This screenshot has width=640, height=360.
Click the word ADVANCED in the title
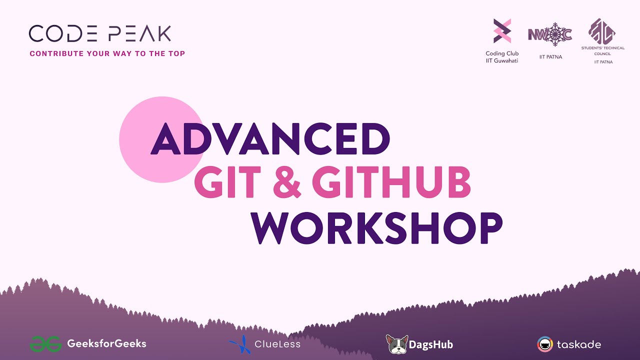270,138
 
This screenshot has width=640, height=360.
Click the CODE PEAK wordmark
100,33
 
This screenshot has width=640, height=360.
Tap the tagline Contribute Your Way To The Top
107,53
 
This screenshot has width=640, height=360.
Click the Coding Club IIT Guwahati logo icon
502,31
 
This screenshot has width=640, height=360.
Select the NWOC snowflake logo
550,35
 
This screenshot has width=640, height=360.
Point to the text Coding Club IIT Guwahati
502,57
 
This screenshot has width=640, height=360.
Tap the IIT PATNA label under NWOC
550,57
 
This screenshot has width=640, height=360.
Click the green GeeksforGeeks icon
45,344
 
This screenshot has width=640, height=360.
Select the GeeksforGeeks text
106,343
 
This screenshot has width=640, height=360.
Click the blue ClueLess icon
241,344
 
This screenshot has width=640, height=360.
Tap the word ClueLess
277,344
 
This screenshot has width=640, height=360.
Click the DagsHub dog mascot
397,344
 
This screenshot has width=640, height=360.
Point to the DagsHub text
431,344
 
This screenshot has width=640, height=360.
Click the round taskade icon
545,344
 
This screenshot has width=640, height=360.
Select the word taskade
579,344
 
